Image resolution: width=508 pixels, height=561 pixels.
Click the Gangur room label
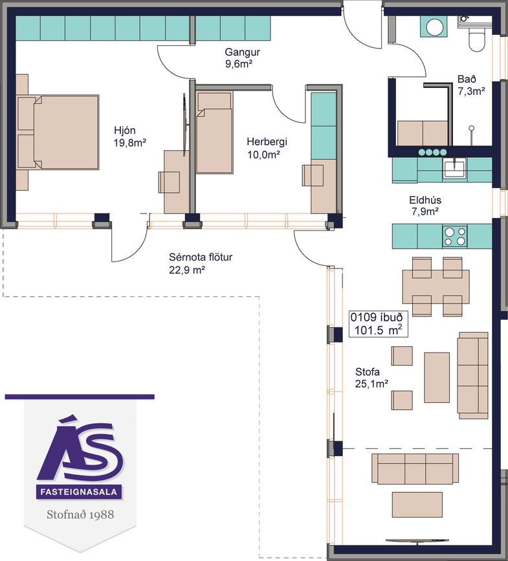(x=242, y=52)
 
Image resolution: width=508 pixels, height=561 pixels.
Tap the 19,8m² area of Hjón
(x=130, y=143)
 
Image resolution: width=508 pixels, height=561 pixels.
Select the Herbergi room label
(x=267, y=142)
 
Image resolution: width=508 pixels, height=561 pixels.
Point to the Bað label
(x=467, y=79)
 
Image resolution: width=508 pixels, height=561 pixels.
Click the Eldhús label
(x=425, y=200)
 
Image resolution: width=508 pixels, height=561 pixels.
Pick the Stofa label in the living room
(x=368, y=371)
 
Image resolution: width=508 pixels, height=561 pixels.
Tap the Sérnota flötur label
(x=201, y=258)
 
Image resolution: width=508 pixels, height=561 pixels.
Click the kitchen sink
(x=454, y=169)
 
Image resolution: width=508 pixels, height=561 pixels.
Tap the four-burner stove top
(x=455, y=236)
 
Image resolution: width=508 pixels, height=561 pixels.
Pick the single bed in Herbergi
(x=215, y=133)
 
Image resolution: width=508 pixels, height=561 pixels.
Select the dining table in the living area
(x=436, y=286)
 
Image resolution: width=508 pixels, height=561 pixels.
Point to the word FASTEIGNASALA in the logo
(x=79, y=492)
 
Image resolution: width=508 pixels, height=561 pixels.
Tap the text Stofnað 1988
(x=80, y=514)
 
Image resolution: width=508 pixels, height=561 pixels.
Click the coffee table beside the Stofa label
(x=437, y=377)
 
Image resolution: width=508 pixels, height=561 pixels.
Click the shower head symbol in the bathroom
(x=472, y=127)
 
